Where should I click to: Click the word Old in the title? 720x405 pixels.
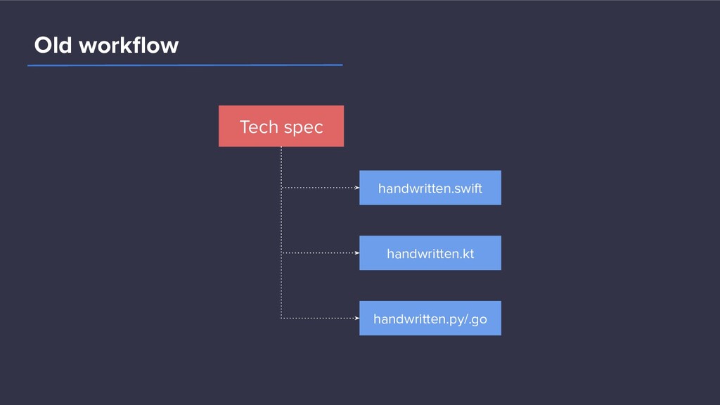[53, 45]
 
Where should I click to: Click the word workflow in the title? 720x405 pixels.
[129, 45]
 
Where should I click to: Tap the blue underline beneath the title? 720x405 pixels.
[185, 65]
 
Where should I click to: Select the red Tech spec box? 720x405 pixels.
[281, 127]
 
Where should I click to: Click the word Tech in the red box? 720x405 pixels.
[259, 127]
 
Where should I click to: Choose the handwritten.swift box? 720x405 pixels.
[430, 188]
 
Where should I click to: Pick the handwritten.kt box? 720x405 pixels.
[430, 253]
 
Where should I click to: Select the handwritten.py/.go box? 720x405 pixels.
[430, 319]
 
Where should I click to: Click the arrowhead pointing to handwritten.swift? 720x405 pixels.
[356, 187]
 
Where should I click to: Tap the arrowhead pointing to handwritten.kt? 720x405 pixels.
[356, 252]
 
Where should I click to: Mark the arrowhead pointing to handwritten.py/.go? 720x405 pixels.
[356, 318]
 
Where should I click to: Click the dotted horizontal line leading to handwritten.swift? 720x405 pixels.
[320, 187]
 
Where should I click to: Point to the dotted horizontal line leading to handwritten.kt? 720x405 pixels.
[320, 252]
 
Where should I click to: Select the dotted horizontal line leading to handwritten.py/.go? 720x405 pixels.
[320, 318]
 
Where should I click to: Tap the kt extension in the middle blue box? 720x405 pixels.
[467, 253]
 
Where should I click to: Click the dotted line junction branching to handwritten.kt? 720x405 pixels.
[281, 252]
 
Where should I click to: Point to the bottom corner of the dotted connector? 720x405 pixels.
[281, 318]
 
